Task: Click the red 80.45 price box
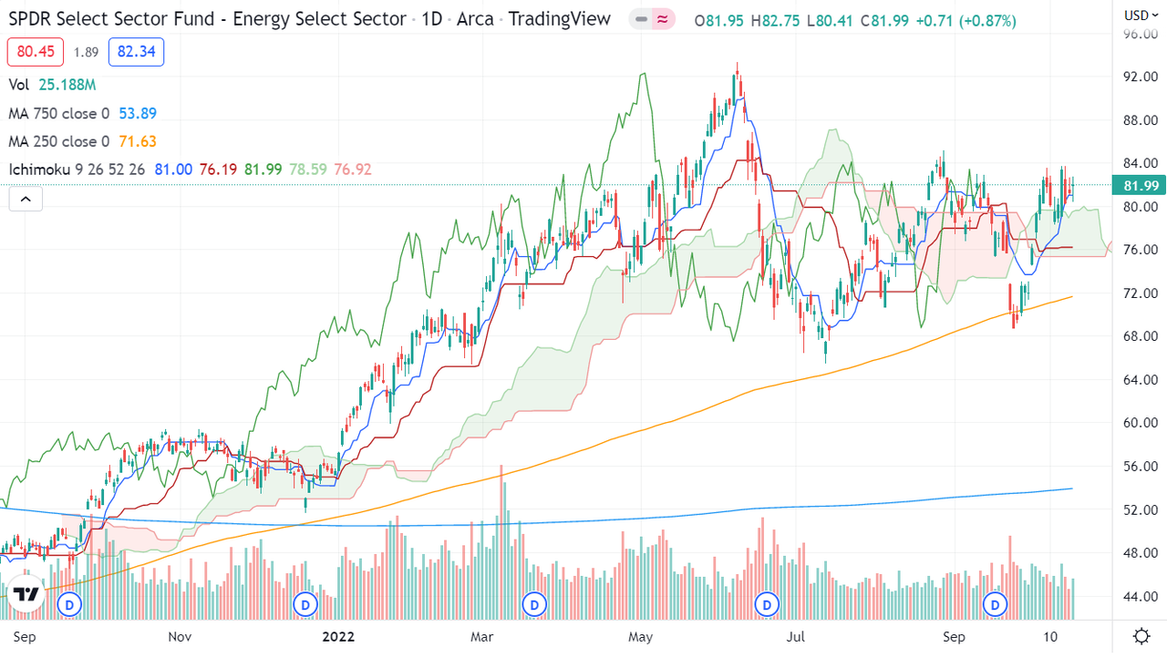pyautogui.click(x=36, y=52)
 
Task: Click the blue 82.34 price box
pyautogui.click(x=136, y=52)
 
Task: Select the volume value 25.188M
pyautogui.click(x=67, y=85)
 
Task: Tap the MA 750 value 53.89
pyautogui.click(x=138, y=113)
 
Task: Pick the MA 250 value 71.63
pyautogui.click(x=138, y=141)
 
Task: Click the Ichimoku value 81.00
pyautogui.click(x=173, y=170)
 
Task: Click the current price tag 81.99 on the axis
pyautogui.click(x=1139, y=185)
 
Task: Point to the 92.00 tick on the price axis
pyautogui.click(x=1141, y=77)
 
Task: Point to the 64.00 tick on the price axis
pyautogui.click(x=1141, y=379)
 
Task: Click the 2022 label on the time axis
pyautogui.click(x=338, y=637)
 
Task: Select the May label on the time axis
pyautogui.click(x=640, y=637)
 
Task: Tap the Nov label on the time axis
pyautogui.click(x=180, y=637)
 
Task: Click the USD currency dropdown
pyautogui.click(x=1141, y=15)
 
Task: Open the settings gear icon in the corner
pyautogui.click(x=1141, y=636)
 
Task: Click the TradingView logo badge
pyautogui.click(x=26, y=593)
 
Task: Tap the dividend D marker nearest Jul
pyautogui.click(x=767, y=605)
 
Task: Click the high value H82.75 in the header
pyautogui.click(x=775, y=21)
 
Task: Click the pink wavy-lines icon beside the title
pyautogui.click(x=663, y=20)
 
